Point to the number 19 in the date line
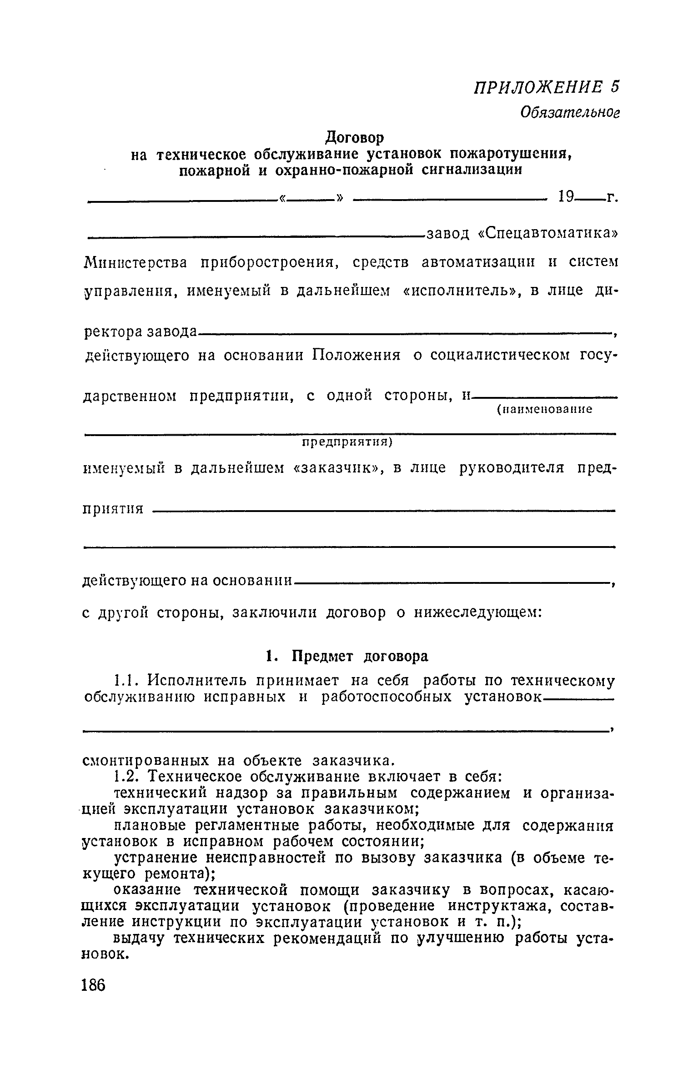567,197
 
